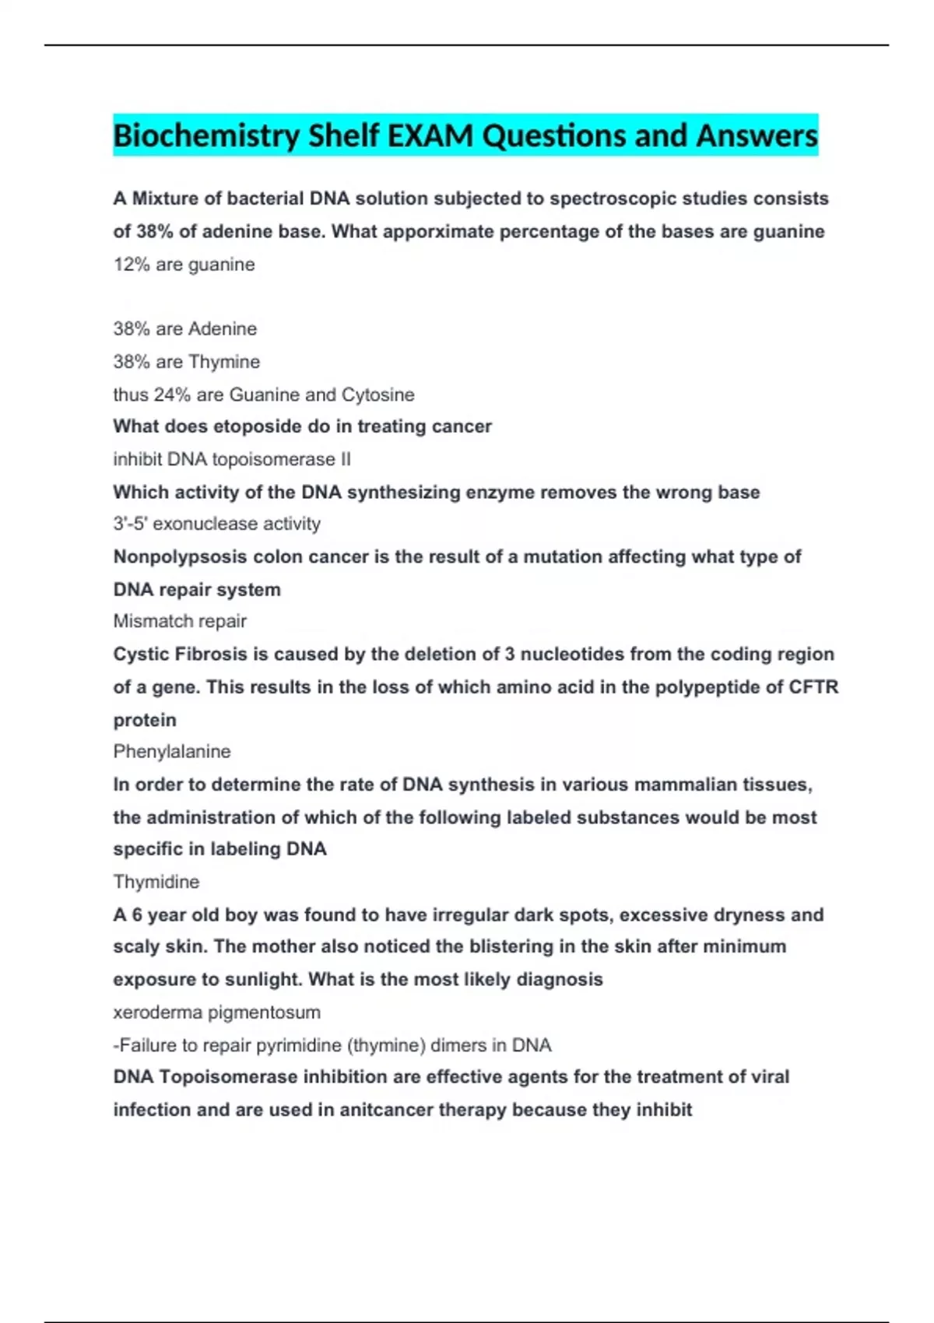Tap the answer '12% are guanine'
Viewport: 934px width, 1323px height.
(x=184, y=265)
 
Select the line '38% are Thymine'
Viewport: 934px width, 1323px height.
(x=186, y=362)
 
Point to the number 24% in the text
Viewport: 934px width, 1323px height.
(x=172, y=395)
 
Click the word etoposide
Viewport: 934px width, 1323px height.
(x=258, y=426)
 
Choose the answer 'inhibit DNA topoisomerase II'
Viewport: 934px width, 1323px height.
(x=231, y=459)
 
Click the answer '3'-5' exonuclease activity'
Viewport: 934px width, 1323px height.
(x=216, y=524)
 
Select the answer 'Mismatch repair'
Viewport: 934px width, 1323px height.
(x=180, y=621)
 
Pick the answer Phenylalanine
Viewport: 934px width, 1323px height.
(x=172, y=752)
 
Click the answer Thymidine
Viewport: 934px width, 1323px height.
(x=156, y=882)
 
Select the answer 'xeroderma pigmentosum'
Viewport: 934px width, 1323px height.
(x=216, y=1012)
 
